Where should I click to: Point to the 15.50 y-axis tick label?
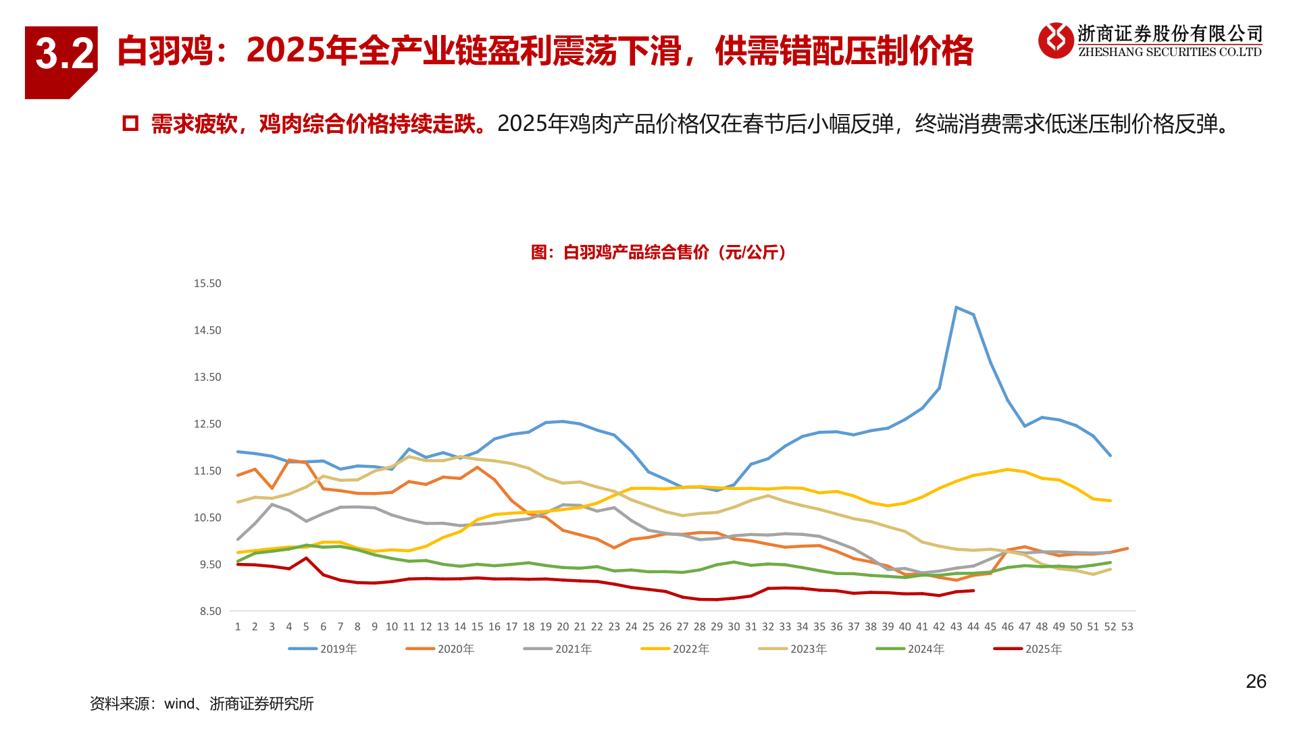pos(207,283)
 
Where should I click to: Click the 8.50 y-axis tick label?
pos(209,612)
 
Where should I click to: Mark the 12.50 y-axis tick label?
pos(207,424)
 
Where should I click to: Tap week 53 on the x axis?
pos(1127,627)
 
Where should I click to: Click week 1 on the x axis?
pos(238,627)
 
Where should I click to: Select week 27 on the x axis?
pos(682,627)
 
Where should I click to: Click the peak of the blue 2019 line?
pos(956,308)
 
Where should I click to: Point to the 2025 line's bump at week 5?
pos(306,558)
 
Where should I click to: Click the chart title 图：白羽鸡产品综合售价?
pos(659,252)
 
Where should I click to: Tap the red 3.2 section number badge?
pos(62,57)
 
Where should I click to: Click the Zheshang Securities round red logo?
pos(1055,40)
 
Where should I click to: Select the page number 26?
pos(1256,682)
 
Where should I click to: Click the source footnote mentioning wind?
pos(201,704)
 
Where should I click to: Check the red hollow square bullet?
pos(130,124)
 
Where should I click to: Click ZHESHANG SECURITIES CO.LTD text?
pos(1169,53)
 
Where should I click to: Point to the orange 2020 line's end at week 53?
pos(1127,549)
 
